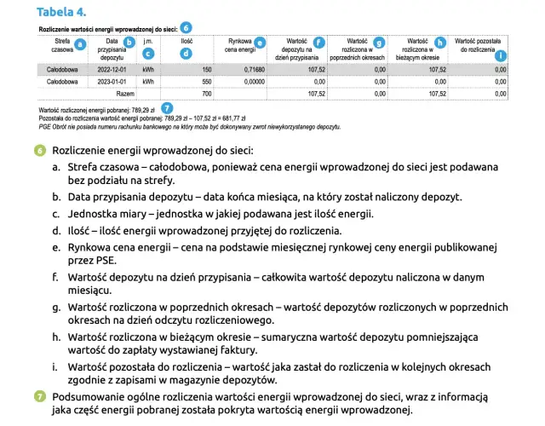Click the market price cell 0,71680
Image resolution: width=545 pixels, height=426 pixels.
[254, 68]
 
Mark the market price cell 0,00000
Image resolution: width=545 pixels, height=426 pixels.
[254, 81]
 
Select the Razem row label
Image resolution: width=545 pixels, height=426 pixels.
[124, 93]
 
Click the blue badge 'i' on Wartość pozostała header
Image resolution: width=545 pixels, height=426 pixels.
[500, 55]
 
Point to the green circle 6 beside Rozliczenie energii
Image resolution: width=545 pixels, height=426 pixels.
[40, 150]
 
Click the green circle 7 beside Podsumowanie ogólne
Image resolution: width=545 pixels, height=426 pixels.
[40, 396]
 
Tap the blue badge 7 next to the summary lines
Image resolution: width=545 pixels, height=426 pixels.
[166, 108]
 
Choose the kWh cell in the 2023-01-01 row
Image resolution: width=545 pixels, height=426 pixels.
[148, 81]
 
